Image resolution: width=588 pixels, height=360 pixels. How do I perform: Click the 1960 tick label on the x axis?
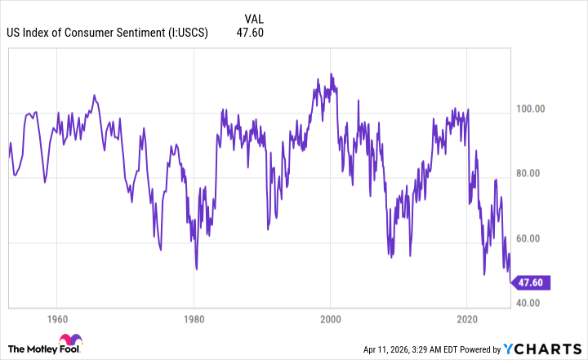point(56,318)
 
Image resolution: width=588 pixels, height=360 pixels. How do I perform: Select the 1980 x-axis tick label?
point(194,318)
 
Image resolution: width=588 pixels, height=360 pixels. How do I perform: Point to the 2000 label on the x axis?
point(330,318)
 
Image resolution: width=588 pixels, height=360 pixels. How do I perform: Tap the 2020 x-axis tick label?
point(467,318)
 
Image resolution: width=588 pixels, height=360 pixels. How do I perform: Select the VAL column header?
point(255,18)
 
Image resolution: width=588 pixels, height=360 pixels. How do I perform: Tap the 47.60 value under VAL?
point(254,33)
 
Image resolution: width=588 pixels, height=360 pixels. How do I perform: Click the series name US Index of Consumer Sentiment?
point(83,33)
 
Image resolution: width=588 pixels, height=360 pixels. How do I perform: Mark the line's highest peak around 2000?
point(331,73)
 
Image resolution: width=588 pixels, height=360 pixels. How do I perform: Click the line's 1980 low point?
point(197,268)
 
